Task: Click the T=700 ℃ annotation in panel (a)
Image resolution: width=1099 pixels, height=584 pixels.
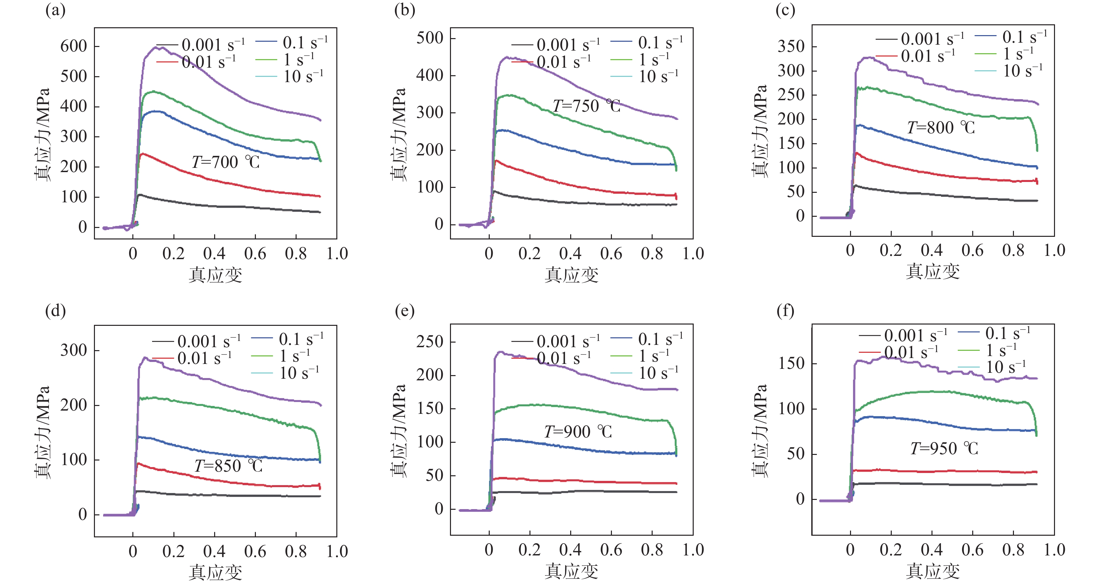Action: tap(225, 163)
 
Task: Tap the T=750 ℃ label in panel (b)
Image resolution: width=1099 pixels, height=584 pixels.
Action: tap(587, 106)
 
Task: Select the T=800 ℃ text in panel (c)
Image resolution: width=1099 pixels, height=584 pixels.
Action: tap(941, 127)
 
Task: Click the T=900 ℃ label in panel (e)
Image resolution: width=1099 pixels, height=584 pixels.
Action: tap(578, 432)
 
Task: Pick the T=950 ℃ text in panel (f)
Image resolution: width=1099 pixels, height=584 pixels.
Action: tap(944, 449)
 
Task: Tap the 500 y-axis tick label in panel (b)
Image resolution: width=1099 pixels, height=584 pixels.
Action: tap(430, 38)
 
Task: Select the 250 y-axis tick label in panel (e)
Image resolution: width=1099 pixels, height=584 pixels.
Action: tap(430, 342)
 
